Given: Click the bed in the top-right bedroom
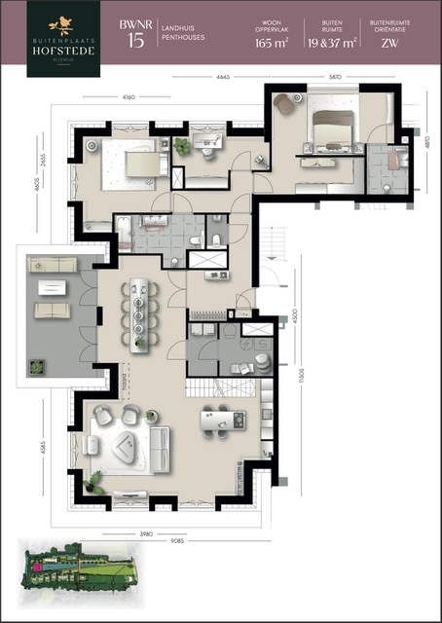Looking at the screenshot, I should coord(330,127).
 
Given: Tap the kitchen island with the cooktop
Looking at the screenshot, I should coord(223,420).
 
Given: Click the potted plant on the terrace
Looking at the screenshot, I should coord(37,368).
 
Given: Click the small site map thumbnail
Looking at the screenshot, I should coord(81,567).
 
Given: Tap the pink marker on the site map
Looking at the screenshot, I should coord(37,565).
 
